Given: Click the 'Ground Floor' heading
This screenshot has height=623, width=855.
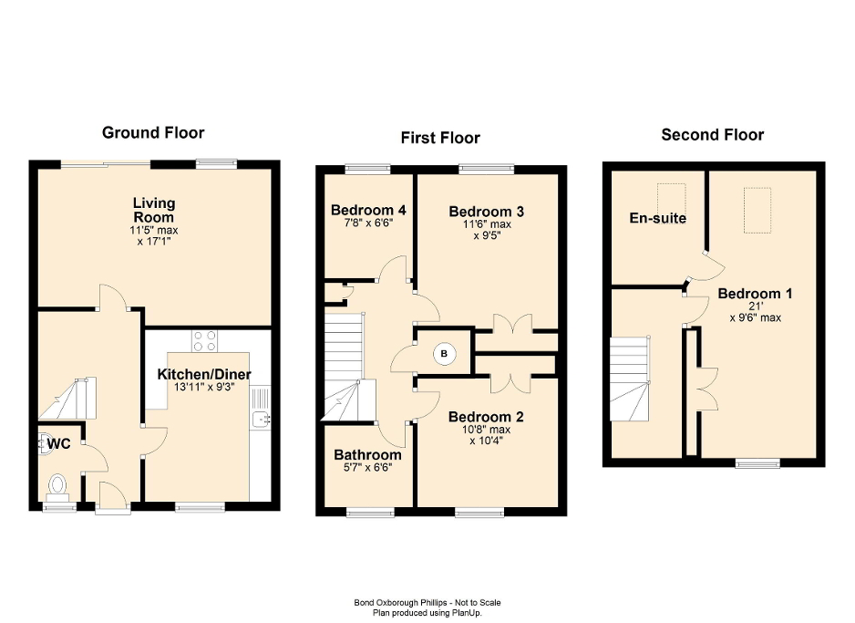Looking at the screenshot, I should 153,133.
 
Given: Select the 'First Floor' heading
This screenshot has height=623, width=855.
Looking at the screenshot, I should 440,138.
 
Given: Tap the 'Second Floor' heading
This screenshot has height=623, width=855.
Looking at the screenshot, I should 712,135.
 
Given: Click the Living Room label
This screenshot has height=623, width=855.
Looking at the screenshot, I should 153,209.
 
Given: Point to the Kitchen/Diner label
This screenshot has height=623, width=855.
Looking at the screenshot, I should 204,374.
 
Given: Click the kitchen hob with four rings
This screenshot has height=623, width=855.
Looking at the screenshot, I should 205,340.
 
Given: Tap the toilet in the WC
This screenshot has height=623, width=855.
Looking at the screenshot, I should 58,483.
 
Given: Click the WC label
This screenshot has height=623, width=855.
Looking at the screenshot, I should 58,444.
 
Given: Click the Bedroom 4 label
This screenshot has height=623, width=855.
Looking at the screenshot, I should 368,210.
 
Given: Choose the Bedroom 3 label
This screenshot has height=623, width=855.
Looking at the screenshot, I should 486,211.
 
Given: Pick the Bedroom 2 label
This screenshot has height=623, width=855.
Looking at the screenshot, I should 485,417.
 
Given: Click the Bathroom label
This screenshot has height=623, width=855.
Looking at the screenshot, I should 367,454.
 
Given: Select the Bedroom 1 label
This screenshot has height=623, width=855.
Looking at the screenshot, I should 755,294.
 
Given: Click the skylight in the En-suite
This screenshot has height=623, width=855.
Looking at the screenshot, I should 672,195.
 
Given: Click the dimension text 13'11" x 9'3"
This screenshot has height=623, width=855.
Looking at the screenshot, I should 204,388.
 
